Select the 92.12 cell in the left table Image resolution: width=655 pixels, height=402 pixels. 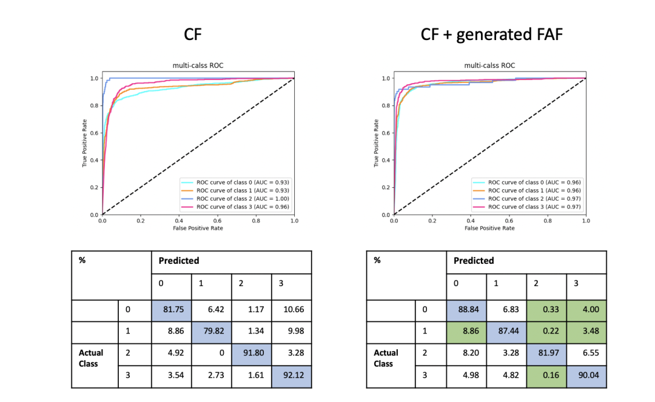pos(291,375)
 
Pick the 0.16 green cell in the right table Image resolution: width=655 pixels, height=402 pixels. pos(546,375)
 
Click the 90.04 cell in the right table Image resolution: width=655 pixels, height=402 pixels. pos(586,375)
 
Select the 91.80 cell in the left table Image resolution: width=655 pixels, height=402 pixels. pos(251,354)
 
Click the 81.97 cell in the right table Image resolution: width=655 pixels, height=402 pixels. pos(546,354)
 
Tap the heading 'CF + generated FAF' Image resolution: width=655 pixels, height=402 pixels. pos(491,35)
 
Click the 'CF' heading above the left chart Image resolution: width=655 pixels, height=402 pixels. pos(193,35)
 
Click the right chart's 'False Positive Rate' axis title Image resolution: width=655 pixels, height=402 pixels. pos(490,228)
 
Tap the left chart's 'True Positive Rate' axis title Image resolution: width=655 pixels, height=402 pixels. pos(86,146)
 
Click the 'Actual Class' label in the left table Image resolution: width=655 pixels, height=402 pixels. pos(91,358)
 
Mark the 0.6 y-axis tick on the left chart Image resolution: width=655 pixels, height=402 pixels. pos(93,133)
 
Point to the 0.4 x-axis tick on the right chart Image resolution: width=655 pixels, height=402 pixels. pos(471,221)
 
